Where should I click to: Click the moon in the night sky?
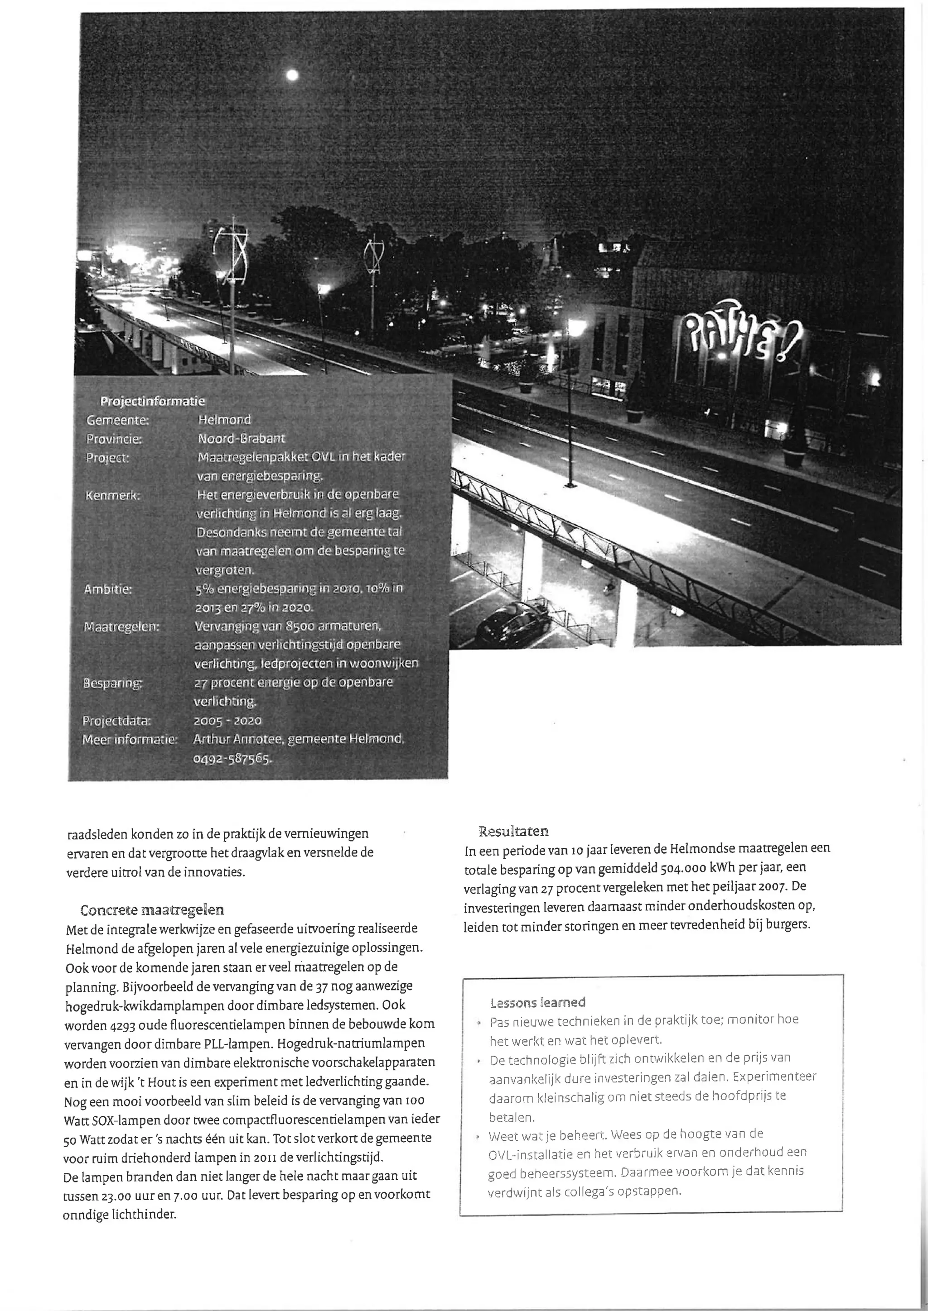[x=292, y=75]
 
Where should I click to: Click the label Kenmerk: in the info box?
[x=112, y=495]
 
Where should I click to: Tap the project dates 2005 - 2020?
[x=227, y=721]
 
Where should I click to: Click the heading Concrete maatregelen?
[x=152, y=909]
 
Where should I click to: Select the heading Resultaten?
[x=513, y=831]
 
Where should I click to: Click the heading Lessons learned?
[x=538, y=1002]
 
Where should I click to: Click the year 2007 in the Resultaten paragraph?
[x=775, y=887]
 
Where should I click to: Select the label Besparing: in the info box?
[x=112, y=683]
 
